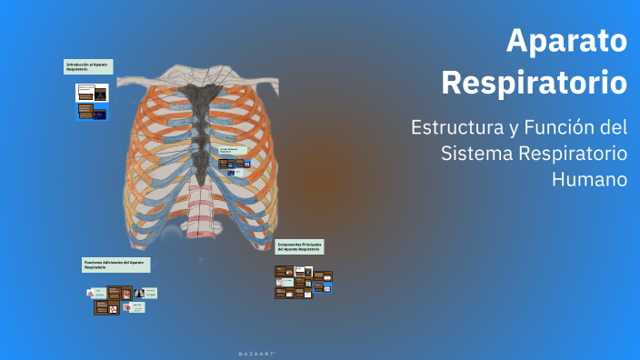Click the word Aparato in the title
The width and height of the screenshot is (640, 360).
(x=566, y=41)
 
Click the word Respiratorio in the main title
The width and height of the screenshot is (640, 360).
(x=534, y=83)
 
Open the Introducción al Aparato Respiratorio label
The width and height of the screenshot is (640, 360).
(x=88, y=66)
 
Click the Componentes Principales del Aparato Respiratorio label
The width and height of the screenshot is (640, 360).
(x=300, y=247)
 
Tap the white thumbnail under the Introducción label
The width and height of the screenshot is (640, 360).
(x=91, y=93)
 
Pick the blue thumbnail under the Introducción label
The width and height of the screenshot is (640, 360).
(x=91, y=113)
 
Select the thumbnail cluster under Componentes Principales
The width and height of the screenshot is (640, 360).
(x=303, y=282)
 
